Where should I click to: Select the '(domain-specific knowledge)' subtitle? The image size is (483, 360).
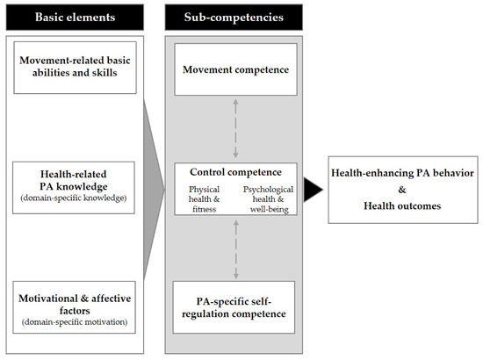click(75, 199)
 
